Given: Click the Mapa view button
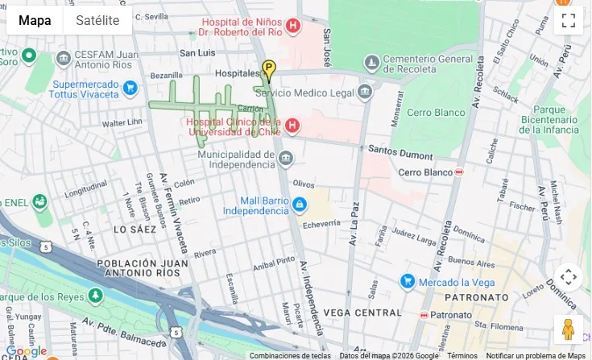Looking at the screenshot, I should point(35,20).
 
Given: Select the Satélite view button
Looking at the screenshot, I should point(97,20).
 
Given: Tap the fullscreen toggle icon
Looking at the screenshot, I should point(568,20).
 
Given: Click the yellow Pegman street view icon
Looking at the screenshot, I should point(568,329).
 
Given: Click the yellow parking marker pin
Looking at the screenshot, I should point(268,70).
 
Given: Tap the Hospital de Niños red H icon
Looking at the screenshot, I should point(292,26).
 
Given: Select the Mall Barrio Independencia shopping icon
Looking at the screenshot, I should point(300,205).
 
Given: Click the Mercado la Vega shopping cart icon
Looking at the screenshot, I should point(408,281).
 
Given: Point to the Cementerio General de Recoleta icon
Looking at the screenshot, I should point(371,62).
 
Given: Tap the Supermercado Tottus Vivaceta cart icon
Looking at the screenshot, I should point(130,88).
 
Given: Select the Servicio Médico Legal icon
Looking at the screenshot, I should point(365,92).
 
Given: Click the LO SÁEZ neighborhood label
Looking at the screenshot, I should point(135,230).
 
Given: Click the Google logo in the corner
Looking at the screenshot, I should point(26,351).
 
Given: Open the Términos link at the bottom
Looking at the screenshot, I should point(462,356).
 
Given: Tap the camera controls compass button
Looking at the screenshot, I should point(568,277).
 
